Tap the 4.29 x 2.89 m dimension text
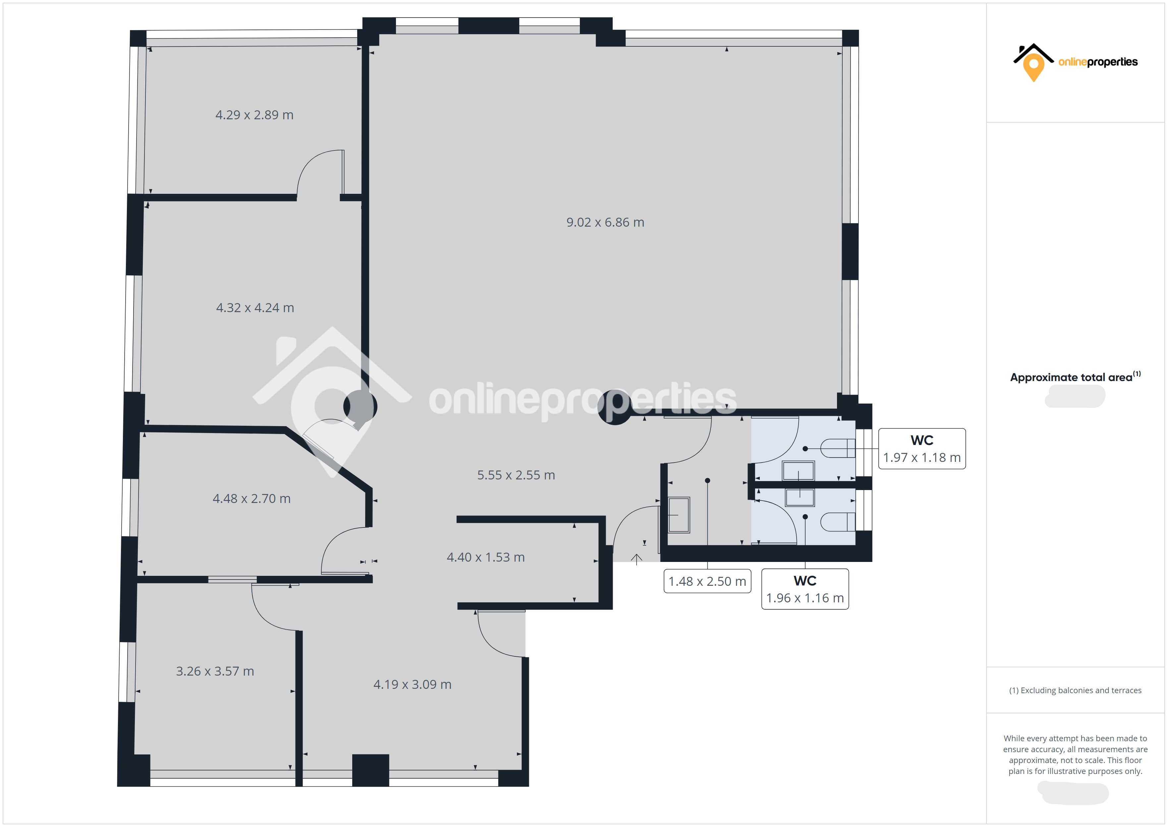point(254,115)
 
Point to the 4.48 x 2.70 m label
point(251,499)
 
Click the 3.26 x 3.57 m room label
point(215,672)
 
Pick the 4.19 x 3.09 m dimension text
point(413,685)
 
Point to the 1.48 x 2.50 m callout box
point(707,581)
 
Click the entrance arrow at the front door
point(637,560)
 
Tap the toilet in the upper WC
point(838,449)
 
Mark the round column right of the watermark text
point(615,408)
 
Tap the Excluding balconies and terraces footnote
point(1075,690)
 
